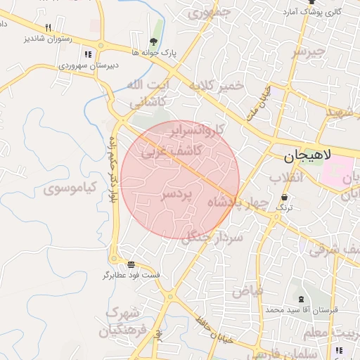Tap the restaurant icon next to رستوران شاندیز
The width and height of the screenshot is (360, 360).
(49, 27)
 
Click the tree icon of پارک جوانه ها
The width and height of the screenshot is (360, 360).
(153, 41)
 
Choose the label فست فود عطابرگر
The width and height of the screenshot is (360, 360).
(131, 274)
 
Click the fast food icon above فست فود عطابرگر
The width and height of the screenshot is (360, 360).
(131, 264)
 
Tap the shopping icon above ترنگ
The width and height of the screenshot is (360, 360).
(284, 198)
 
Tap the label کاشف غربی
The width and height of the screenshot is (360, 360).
(172, 150)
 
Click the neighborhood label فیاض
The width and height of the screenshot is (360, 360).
(248, 289)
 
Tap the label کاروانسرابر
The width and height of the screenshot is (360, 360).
(199, 130)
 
